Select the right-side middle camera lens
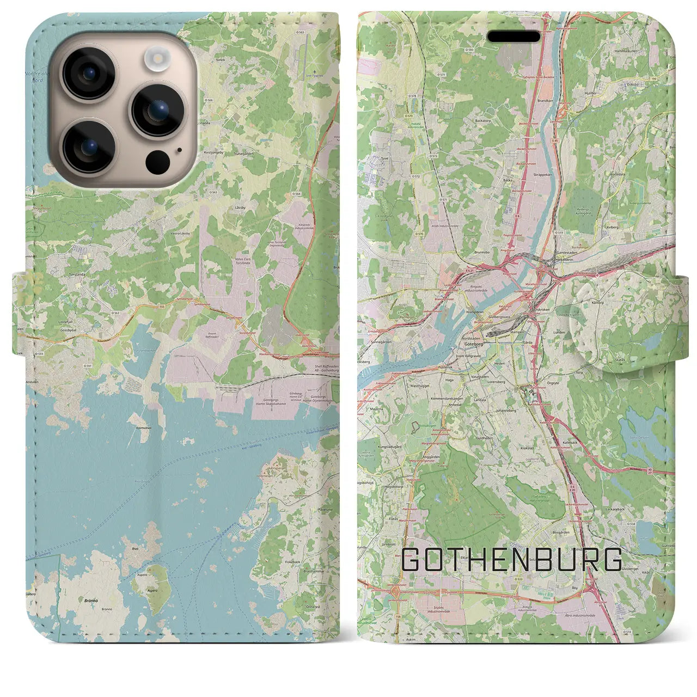click(158, 111)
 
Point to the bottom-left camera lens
click(88, 146)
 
